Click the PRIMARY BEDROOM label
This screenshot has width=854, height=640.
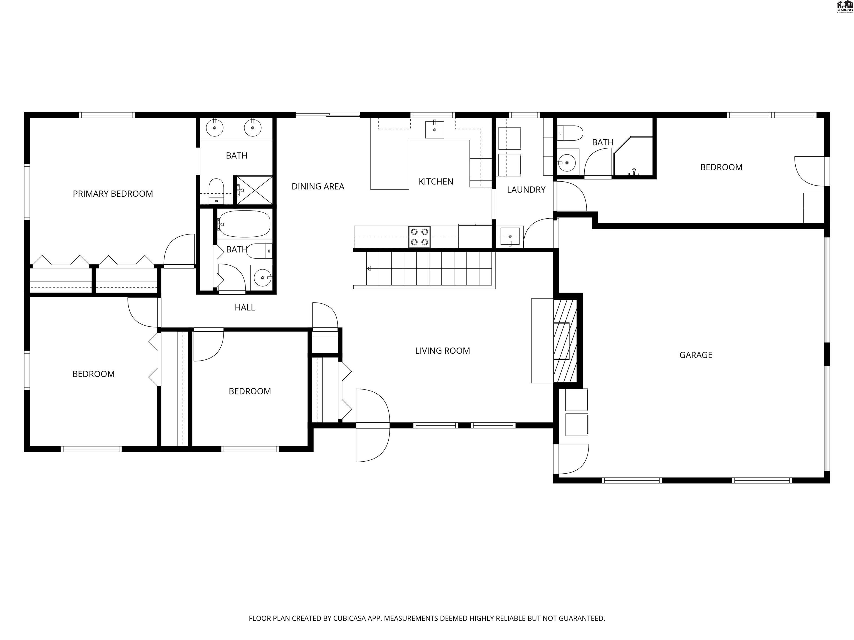[x=113, y=194]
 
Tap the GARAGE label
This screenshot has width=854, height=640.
[x=696, y=355]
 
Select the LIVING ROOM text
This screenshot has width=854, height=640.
[x=443, y=351]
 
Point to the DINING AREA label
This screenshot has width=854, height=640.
[x=318, y=187]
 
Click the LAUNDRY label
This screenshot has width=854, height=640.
[x=526, y=190]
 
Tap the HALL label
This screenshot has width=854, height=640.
[x=245, y=307]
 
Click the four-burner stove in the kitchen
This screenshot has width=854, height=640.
[x=419, y=237]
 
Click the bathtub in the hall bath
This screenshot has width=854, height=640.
[x=244, y=223]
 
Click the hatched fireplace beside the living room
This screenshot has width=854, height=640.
[x=565, y=341]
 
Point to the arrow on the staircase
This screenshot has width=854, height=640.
[x=369, y=269]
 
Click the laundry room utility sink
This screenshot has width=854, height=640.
[x=510, y=236]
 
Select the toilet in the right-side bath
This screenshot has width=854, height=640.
[x=570, y=133]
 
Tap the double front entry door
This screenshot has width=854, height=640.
[x=372, y=425]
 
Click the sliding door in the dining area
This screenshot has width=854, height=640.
[x=328, y=115]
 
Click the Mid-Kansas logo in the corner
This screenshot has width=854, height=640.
[x=844, y=7]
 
